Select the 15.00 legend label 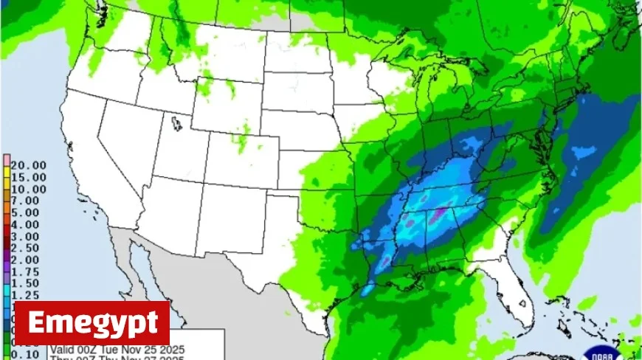pos(28,177)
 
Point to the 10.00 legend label pos(28,189)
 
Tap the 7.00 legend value pos(25,201)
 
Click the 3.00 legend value pos(25,236)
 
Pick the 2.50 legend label pos(25,248)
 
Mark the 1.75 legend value pos(25,271)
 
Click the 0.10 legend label pos(25,354)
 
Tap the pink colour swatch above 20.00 pos(6,160)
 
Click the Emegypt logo pos(92,323)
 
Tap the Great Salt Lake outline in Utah pos(176,123)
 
